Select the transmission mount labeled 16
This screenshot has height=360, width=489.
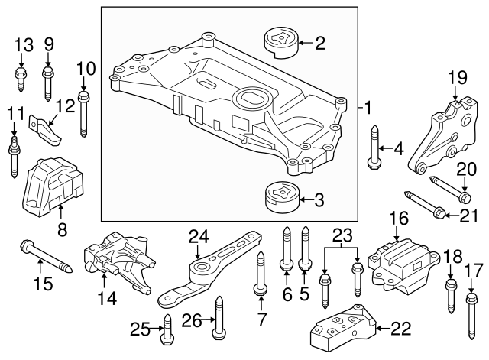point(398,262)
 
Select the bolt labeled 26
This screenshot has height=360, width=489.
point(219,322)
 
